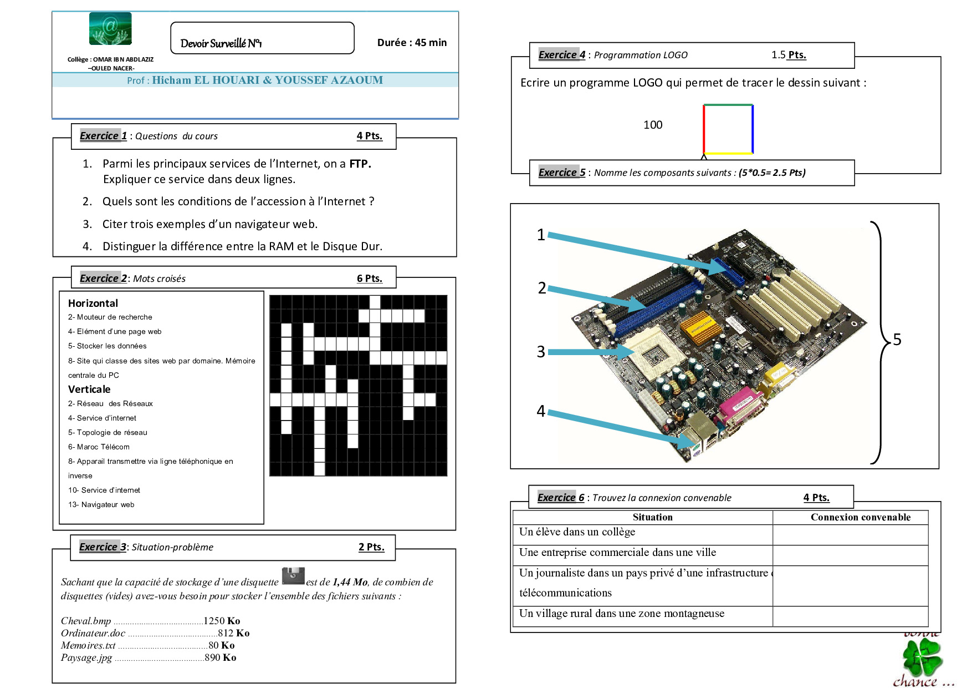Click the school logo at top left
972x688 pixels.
[110, 28]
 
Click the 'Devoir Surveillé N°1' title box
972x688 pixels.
[262, 38]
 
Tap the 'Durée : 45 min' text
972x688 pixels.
[412, 43]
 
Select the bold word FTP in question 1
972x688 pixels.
[360, 164]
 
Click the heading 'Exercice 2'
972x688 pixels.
[104, 279]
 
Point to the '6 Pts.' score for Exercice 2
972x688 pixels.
[370, 279]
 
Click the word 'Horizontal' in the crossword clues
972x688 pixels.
[93, 303]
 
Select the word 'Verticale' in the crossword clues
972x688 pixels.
[89, 389]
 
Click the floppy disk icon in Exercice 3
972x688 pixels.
[293, 576]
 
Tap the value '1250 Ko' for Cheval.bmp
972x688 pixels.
[222, 621]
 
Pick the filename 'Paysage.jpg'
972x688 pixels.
[86, 657]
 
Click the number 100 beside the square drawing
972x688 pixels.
[653, 125]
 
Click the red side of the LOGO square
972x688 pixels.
[704, 129]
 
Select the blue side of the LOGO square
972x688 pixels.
[753, 129]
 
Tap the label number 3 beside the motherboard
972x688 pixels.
[541, 352]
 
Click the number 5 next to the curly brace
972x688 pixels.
[897, 340]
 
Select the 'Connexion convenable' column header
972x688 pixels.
[861, 517]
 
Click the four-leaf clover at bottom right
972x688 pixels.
[922, 656]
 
